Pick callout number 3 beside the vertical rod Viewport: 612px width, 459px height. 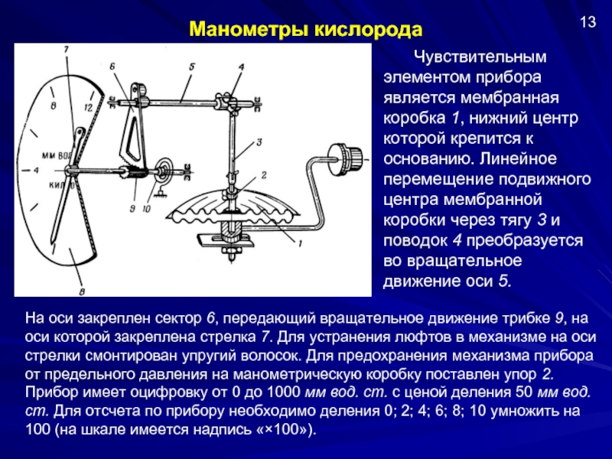[x=259, y=142]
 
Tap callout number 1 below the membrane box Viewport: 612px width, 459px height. [x=300, y=244]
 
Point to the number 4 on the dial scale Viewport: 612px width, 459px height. [x=37, y=170]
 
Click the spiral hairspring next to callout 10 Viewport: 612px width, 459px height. [x=165, y=169]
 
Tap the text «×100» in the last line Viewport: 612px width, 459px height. [x=286, y=430]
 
